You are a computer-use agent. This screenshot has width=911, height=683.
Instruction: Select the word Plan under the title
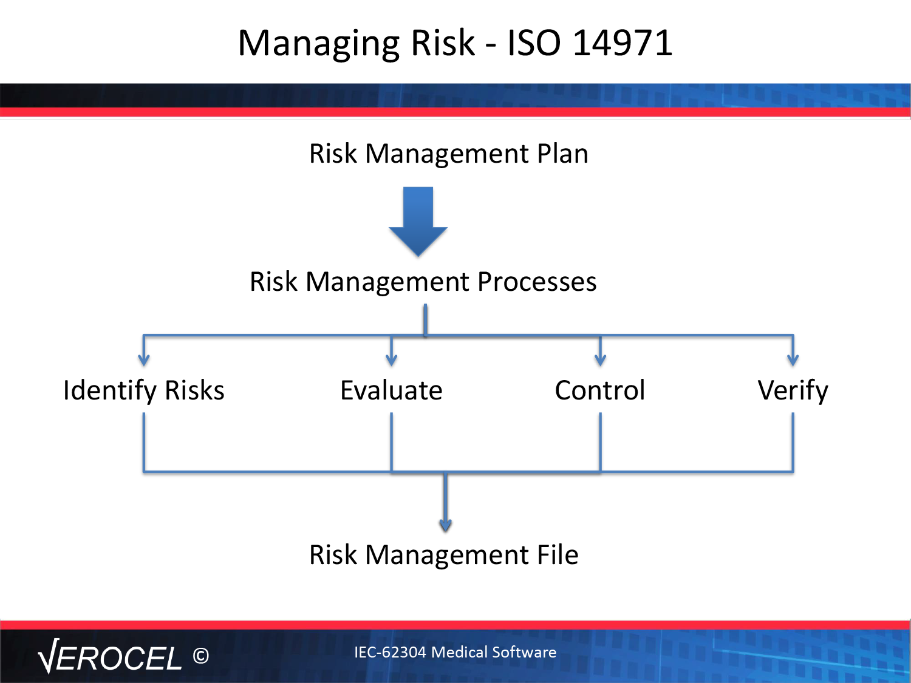(x=562, y=154)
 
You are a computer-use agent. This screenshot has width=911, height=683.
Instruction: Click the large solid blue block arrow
(x=418, y=221)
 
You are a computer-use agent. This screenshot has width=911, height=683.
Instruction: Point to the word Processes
(x=537, y=282)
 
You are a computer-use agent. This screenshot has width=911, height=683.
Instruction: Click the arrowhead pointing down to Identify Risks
(x=143, y=360)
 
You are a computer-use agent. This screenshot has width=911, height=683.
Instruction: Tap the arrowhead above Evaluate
(x=391, y=360)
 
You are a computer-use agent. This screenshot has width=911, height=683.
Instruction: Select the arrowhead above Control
(x=600, y=360)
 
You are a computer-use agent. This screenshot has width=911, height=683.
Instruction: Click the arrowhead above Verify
(x=793, y=360)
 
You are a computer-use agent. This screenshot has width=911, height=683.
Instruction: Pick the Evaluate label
(x=391, y=390)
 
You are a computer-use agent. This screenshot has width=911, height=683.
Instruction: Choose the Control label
(x=600, y=390)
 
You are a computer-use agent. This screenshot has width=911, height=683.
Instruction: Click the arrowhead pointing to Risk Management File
(x=445, y=525)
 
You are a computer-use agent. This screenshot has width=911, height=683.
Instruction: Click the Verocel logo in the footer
(x=110, y=656)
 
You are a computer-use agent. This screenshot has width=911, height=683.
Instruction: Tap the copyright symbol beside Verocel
(x=201, y=656)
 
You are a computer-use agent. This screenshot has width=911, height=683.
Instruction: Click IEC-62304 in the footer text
(x=390, y=652)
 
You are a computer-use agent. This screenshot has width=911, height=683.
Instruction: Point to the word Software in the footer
(x=524, y=652)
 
